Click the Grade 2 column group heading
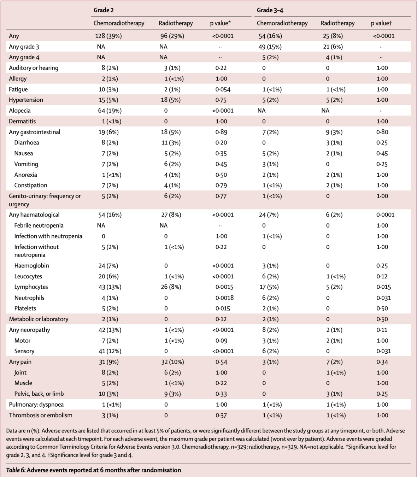[104, 10]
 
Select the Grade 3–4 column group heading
[270, 10]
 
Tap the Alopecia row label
[20, 111]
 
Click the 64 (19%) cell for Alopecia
[110, 111]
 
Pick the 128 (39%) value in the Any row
[108, 36]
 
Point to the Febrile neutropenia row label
[39, 225]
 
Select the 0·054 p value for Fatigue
[223, 89]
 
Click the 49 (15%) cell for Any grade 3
[270, 47]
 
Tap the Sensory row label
[24, 351]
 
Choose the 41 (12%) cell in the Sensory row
[110, 351]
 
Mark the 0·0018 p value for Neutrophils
[224, 298]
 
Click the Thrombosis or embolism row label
[41, 415]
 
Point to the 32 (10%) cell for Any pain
[172, 362]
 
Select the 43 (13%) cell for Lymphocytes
[110, 287]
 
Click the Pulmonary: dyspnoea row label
[36, 405]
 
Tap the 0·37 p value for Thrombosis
[221, 416]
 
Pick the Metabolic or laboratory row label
[39, 319]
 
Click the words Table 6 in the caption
[16, 470]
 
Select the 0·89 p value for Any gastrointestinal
[221, 132]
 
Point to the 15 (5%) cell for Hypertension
[108, 100]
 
